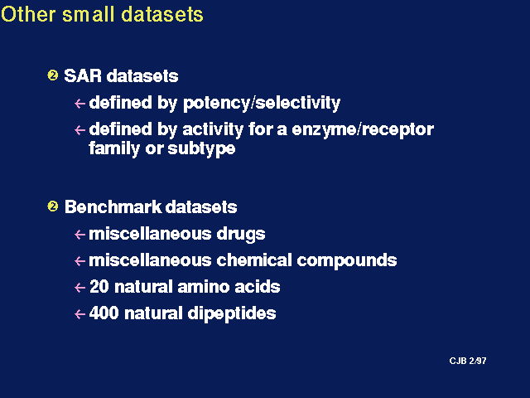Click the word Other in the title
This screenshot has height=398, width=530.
click(28, 14)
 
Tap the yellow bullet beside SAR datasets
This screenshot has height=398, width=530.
click(53, 75)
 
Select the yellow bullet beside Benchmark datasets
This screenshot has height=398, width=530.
click(53, 206)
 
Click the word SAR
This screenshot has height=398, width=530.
click(83, 75)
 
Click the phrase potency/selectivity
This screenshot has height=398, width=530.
click(262, 103)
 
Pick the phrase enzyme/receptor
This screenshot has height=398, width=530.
click(363, 130)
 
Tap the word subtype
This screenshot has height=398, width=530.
click(201, 148)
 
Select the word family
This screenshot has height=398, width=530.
click(114, 148)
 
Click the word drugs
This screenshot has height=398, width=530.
click(241, 234)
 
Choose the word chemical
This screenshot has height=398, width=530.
click(254, 260)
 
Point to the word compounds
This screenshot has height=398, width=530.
click(347, 260)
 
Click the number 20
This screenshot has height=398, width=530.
click(99, 287)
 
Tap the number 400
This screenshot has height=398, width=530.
click(104, 313)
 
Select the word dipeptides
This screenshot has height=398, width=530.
click(232, 313)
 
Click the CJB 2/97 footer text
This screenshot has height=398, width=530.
click(468, 361)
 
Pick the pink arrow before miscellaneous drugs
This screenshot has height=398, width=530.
click(79, 234)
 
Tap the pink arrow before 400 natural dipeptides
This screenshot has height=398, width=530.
click(79, 313)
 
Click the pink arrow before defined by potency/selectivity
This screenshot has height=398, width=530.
click(79, 103)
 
